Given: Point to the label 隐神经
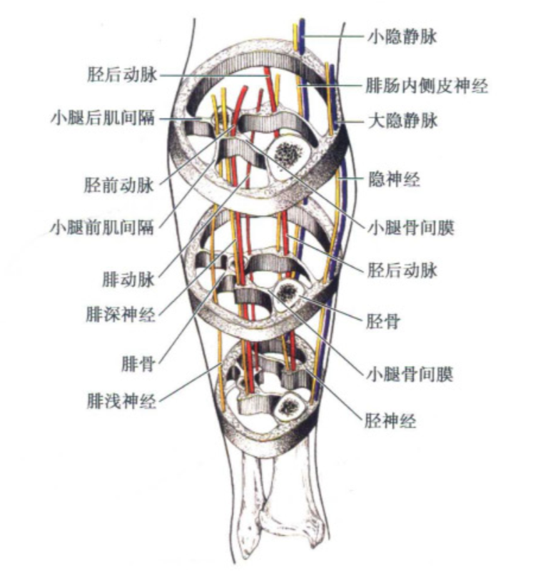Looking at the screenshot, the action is coord(392,179).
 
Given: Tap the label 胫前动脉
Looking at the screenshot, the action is coord(118,186).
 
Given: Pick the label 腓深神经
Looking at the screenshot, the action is coord(119,314).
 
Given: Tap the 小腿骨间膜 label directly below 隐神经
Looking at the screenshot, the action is coord(410,228).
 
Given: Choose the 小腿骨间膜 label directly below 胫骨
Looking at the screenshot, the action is coord(410,372).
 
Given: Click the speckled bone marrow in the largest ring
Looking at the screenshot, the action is coord(288,152).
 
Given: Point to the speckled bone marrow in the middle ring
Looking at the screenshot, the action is coord(288,291).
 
